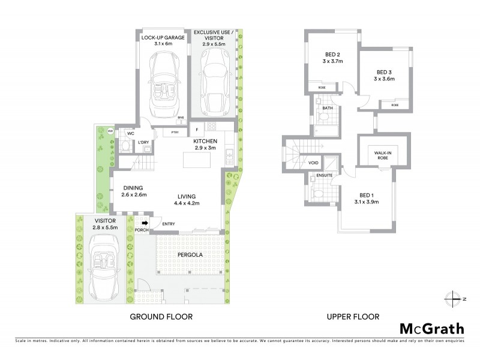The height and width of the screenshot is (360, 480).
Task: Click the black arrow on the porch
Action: coord(143,222)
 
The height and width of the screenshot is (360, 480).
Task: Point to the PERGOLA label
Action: coord(189,254)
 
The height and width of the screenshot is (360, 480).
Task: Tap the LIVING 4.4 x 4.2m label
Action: coord(188,200)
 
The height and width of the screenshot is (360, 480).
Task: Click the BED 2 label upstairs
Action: coord(328,57)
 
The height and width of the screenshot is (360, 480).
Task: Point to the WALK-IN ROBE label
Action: coord(383,155)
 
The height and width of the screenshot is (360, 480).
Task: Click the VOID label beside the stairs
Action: coord(313,163)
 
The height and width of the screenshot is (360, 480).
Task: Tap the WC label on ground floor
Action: coord(130,133)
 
